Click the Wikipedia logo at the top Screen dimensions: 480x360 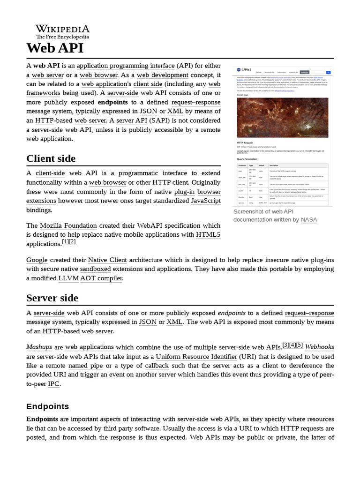[62, 32]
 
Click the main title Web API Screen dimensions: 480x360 [55, 48]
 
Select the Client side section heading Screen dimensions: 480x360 [51, 158]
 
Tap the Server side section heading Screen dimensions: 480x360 [52, 298]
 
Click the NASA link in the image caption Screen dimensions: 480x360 [309, 219]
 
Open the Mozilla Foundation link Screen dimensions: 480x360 [68, 226]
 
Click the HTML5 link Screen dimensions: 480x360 [208, 235]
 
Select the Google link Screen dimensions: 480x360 [37, 260]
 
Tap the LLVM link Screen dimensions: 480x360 [68, 278]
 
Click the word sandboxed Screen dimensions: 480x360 [96, 270]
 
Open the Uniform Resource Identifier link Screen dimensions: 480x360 [197, 357]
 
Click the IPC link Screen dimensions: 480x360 [54, 384]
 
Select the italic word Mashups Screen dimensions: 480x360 [39, 347]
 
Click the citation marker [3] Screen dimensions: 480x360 [285, 345]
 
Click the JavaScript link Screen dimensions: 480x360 [206, 201]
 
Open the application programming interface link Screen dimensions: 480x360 [126, 66]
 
